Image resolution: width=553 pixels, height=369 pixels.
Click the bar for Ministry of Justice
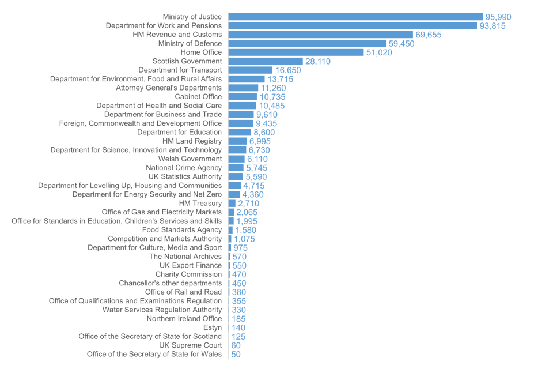coord(355,17)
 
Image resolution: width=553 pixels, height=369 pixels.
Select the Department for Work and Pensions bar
coord(353,26)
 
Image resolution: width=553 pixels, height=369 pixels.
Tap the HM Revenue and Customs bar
coord(321,35)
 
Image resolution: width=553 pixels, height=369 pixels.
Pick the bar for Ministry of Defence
coord(307,43)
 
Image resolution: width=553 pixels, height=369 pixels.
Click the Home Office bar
coord(296,52)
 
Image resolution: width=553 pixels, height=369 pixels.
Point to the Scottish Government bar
coord(266,61)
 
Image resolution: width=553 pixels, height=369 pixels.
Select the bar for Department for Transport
coord(251,70)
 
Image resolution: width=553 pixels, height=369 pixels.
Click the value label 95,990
coord(498,17)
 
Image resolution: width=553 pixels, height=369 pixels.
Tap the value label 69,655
coord(429,35)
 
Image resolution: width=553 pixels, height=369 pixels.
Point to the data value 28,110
coord(318,62)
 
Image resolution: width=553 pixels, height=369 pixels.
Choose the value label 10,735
coord(272,97)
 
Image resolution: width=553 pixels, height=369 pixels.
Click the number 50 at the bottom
coord(236,355)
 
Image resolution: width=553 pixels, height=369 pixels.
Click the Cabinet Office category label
coord(198,97)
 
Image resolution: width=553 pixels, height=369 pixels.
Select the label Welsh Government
coord(190,159)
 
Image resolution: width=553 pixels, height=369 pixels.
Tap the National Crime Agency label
coord(184,168)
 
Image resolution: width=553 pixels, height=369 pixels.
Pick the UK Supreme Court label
coord(191,345)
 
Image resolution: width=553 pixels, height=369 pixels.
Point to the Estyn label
coord(213,327)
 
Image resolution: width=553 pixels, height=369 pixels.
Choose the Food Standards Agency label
coord(182,230)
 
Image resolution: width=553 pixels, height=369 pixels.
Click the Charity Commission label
coord(188,274)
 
